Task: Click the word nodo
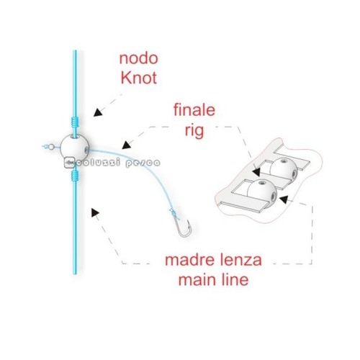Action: pos(139,58)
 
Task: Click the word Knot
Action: pos(139,78)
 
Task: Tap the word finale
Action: pos(194,110)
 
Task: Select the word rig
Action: pos(194,131)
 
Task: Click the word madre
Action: pos(186,260)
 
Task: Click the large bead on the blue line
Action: pos(75,147)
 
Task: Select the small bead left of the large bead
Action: pos(51,147)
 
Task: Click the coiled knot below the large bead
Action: pos(75,174)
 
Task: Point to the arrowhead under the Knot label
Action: pos(97,112)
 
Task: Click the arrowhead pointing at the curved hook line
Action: pos(126,145)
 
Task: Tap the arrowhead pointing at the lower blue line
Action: pos(94,212)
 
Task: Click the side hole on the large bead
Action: pos(86,150)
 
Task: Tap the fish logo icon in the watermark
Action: pos(69,163)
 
